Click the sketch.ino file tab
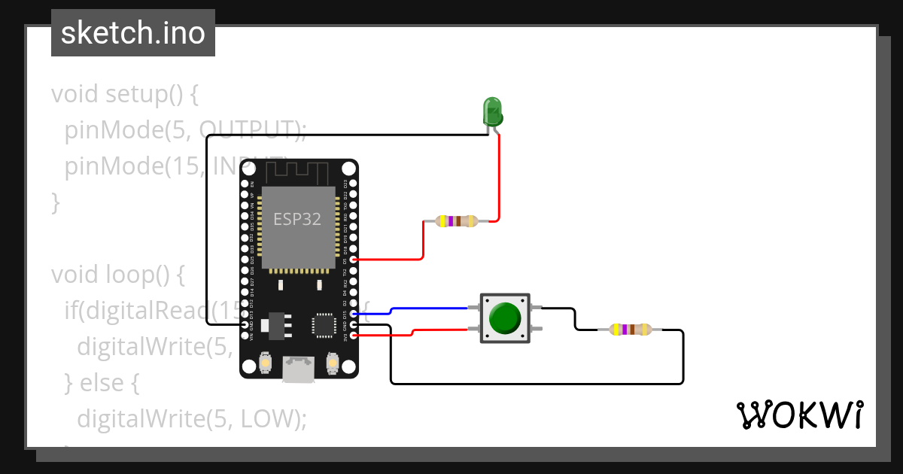[133, 33]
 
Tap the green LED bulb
[492, 112]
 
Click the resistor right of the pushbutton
[631, 330]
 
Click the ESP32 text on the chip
[296, 220]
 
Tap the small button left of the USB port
[265, 364]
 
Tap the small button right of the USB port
[332, 364]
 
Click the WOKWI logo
[799, 415]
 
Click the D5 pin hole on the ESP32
[354, 260]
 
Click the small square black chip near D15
[324, 325]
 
